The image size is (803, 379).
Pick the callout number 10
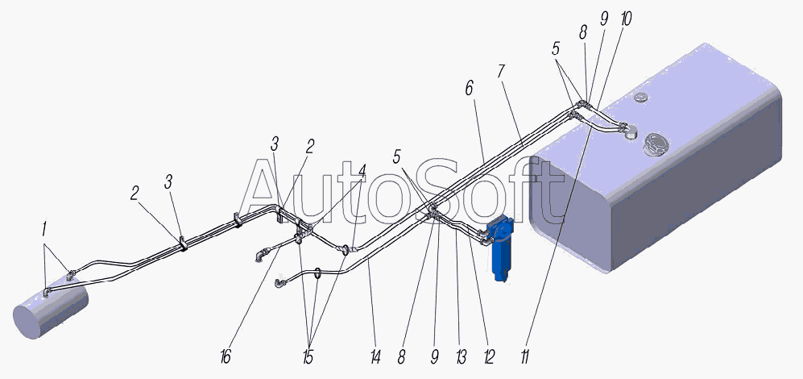[625, 19]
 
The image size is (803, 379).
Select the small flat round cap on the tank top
[640, 97]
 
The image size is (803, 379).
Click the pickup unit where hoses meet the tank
[629, 131]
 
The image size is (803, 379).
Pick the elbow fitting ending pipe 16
[261, 254]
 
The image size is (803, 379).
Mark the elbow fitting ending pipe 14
[280, 282]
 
